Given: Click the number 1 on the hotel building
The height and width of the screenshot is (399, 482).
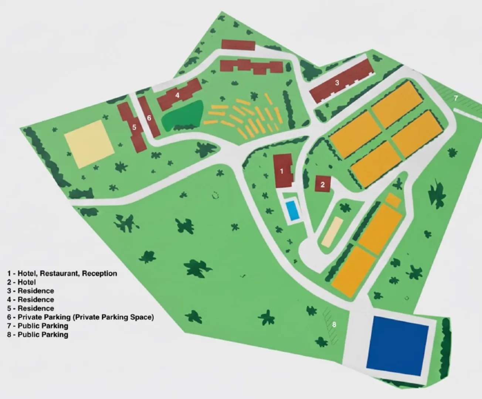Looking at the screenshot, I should click(x=282, y=171).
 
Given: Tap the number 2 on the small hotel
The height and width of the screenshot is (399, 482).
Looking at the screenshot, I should click(x=323, y=184).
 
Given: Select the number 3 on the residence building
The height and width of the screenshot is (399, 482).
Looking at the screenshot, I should click(x=337, y=83).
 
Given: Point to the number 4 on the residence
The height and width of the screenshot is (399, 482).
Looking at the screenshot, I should click(x=177, y=95).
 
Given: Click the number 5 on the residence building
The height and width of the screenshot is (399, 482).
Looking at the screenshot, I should click(x=134, y=127).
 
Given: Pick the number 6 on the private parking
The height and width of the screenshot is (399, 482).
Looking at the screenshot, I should click(x=149, y=118).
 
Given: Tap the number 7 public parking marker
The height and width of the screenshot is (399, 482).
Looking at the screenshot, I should click(x=456, y=98).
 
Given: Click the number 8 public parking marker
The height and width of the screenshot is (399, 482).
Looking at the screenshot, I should click(x=334, y=324).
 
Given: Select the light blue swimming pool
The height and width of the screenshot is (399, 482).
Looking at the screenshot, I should click(x=293, y=210).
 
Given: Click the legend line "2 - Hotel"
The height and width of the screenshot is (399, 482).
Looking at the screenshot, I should click(x=21, y=282).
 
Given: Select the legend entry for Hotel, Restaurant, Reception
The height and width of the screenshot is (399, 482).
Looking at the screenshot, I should click(x=62, y=273).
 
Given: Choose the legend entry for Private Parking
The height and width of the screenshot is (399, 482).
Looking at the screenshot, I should click(x=80, y=317).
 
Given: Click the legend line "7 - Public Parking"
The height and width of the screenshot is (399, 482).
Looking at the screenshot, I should click(x=37, y=326).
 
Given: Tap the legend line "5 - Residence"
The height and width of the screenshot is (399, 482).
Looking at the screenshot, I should click(x=30, y=308).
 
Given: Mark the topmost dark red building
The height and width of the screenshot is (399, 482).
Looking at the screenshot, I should click(x=238, y=45).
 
